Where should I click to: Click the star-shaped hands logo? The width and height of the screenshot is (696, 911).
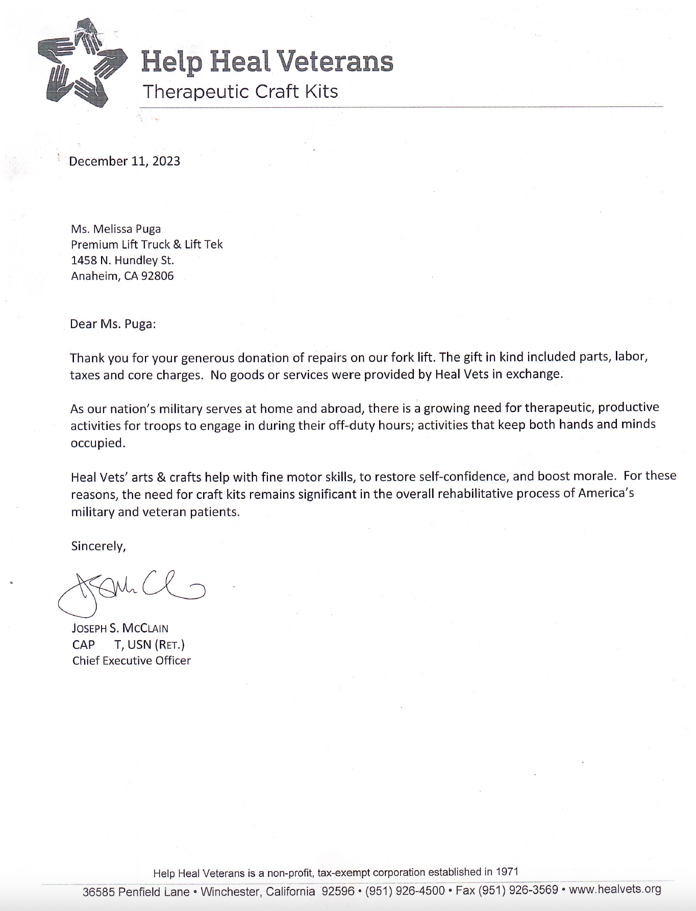click(x=82, y=62)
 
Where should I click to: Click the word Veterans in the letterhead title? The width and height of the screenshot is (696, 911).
click(x=337, y=62)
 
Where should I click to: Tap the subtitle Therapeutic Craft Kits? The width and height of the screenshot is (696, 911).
click(x=240, y=92)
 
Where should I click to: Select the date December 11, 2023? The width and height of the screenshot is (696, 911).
click(x=125, y=161)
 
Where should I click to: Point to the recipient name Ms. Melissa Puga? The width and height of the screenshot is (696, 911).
click(x=116, y=229)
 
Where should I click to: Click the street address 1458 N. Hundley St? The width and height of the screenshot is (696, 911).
click(x=122, y=260)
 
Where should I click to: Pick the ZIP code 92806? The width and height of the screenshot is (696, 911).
click(x=157, y=276)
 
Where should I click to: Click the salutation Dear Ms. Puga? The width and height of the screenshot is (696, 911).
click(x=113, y=324)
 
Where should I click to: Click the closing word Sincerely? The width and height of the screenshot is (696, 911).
click(x=98, y=546)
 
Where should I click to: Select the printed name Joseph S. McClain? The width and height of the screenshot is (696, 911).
click(x=120, y=628)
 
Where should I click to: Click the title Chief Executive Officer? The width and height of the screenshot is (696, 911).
click(x=132, y=661)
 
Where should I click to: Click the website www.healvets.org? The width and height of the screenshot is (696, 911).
click(x=615, y=890)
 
